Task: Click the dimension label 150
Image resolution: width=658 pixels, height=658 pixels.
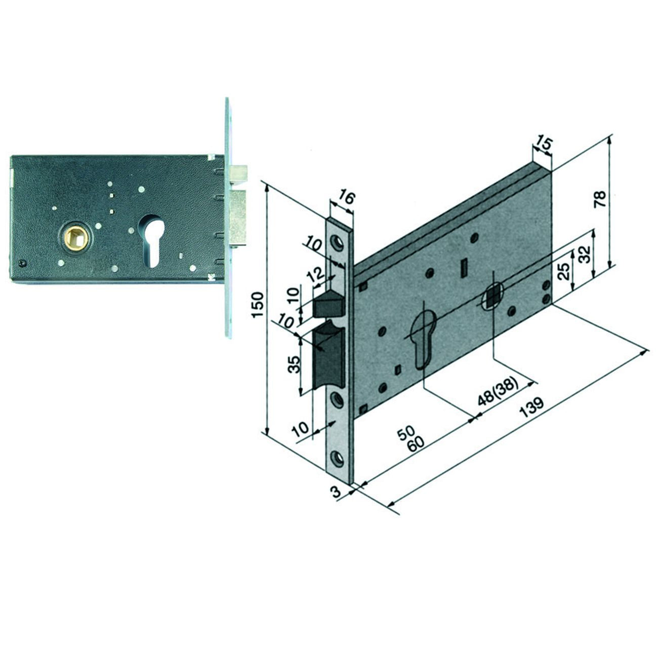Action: [x=258, y=305]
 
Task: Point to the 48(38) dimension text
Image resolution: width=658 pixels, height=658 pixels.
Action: [x=498, y=391]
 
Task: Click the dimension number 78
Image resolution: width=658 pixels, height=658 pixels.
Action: [x=600, y=199]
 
